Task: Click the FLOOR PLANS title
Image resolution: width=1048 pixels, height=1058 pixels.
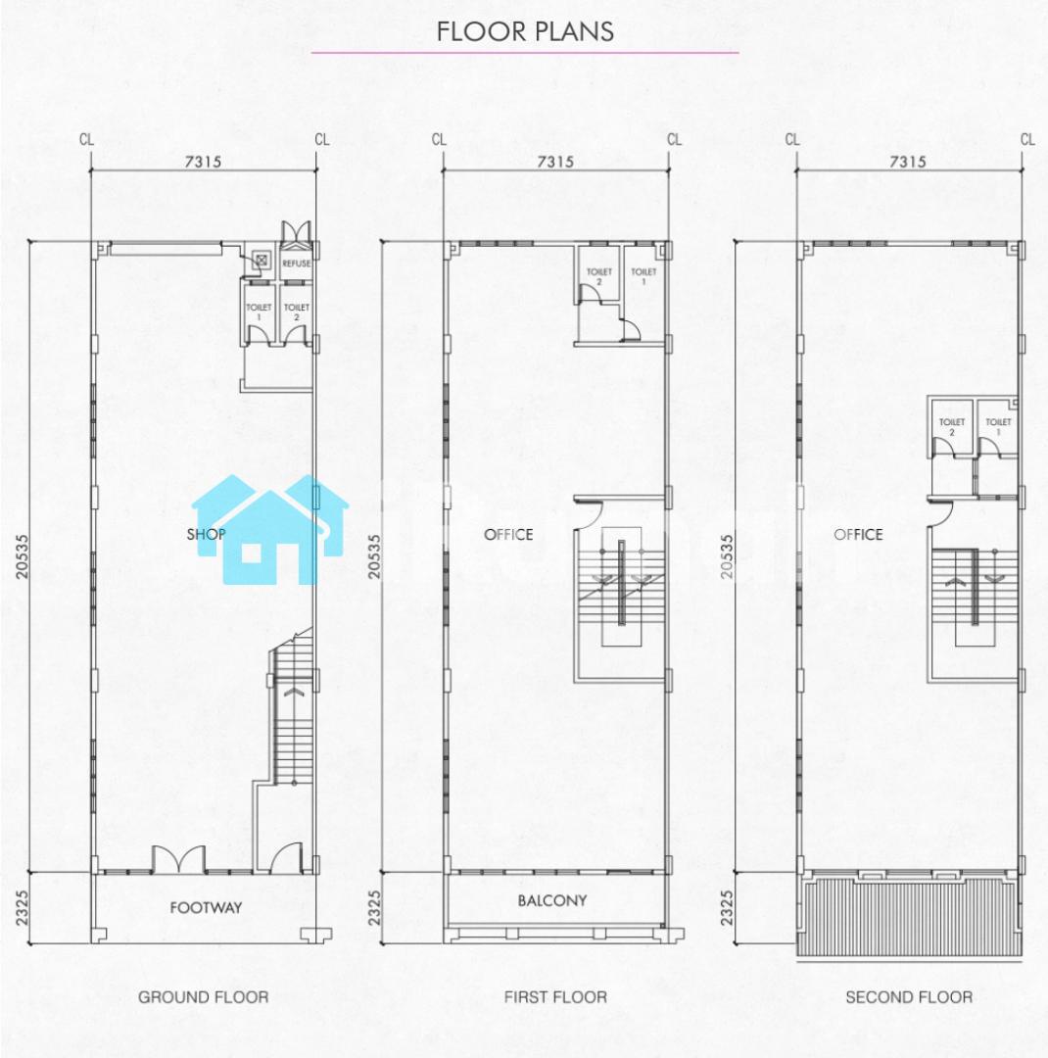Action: tap(525, 31)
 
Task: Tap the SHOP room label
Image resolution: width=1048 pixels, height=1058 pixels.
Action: tap(206, 535)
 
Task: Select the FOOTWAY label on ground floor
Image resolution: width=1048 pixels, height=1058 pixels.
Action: tap(206, 907)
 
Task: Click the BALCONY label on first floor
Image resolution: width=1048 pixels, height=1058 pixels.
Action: tap(552, 900)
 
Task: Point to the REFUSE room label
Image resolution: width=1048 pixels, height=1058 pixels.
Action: tap(296, 264)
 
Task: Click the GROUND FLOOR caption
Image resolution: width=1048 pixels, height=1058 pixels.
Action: tap(203, 996)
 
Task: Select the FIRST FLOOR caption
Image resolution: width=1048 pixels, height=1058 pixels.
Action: tap(555, 996)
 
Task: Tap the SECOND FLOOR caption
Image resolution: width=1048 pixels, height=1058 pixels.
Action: tap(909, 996)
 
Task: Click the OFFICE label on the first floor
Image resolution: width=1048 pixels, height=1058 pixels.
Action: tap(508, 535)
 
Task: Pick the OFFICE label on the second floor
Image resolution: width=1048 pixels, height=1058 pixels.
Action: tap(858, 535)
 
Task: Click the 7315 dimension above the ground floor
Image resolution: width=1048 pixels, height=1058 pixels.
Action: tap(203, 162)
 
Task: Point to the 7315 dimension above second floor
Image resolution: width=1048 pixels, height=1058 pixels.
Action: tap(908, 162)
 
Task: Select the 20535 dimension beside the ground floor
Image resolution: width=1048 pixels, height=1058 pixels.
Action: tap(23, 556)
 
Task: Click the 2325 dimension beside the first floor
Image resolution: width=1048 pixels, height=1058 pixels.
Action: tap(374, 907)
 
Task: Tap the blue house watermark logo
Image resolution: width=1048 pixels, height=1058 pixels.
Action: tap(270, 529)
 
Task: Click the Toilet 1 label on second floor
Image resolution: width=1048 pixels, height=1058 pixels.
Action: tap(998, 426)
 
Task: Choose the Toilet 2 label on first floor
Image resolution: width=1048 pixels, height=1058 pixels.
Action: tap(598, 276)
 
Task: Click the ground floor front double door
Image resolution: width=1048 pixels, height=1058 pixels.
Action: tap(178, 858)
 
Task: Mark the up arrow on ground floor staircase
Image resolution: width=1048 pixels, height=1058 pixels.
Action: tap(295, 692)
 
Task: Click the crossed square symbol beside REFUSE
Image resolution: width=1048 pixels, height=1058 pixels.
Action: tap(262, 259)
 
